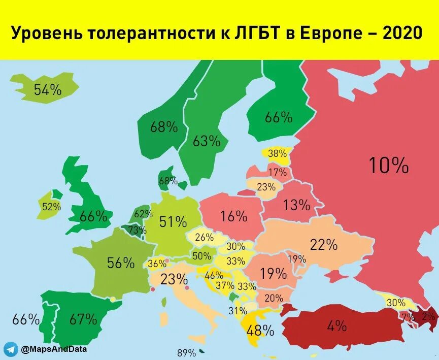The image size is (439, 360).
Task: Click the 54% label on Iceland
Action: click(48, 90)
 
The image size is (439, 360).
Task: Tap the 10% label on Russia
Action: click(388, 165)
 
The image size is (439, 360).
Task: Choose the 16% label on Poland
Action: click(233, 216)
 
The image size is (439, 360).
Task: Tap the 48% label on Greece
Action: click(260, 331)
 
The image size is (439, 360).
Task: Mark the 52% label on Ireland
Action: click(51, 207)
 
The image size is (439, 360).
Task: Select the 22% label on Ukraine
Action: click(324, 245)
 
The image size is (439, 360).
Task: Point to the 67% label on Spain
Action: click(83, 319)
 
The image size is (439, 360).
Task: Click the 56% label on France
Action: click(120, 263)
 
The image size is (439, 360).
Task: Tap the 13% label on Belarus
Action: click(296, 205)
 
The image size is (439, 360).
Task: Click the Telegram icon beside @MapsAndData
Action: click(10, 349)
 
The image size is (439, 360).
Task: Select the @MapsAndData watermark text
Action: click(53, 349)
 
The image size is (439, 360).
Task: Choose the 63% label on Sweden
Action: click(207, 141)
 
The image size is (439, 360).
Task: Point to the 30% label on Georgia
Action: click(396, 303)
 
